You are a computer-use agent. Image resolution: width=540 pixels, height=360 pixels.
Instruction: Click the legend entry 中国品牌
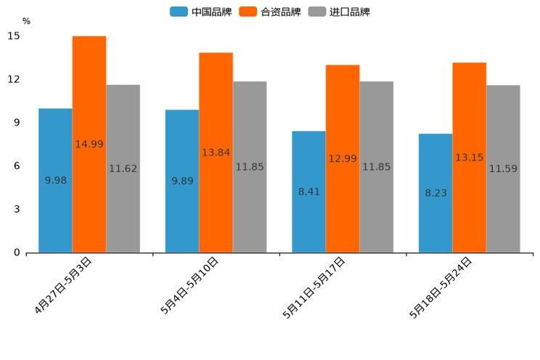point(201,12)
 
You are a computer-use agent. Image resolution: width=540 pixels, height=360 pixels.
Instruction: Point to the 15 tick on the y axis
point(15,36)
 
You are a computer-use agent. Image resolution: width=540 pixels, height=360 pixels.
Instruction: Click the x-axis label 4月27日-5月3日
point(63,285)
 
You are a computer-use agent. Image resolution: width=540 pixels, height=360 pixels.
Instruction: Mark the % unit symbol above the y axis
point(26,21)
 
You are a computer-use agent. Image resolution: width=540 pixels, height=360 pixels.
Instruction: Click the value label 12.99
point(343,158)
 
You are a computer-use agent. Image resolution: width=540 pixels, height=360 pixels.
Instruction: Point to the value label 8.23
point(435,193)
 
